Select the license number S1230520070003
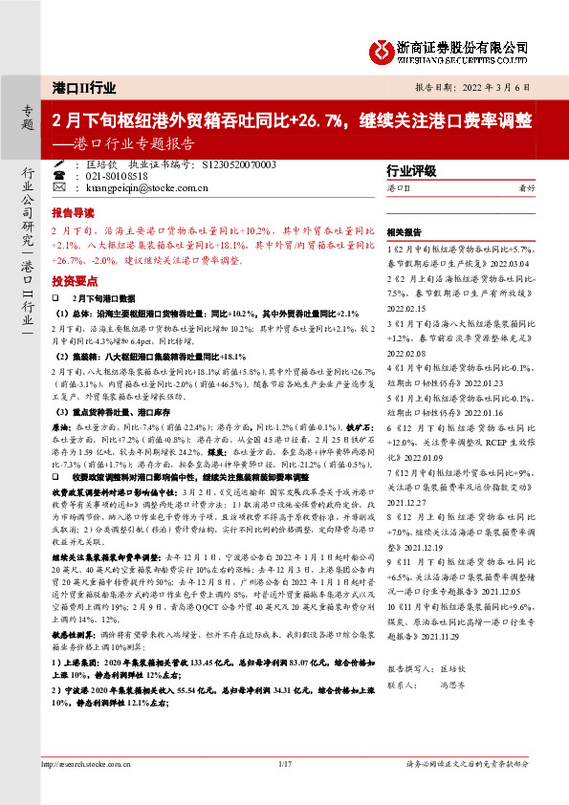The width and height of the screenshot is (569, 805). tap(239, 164)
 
